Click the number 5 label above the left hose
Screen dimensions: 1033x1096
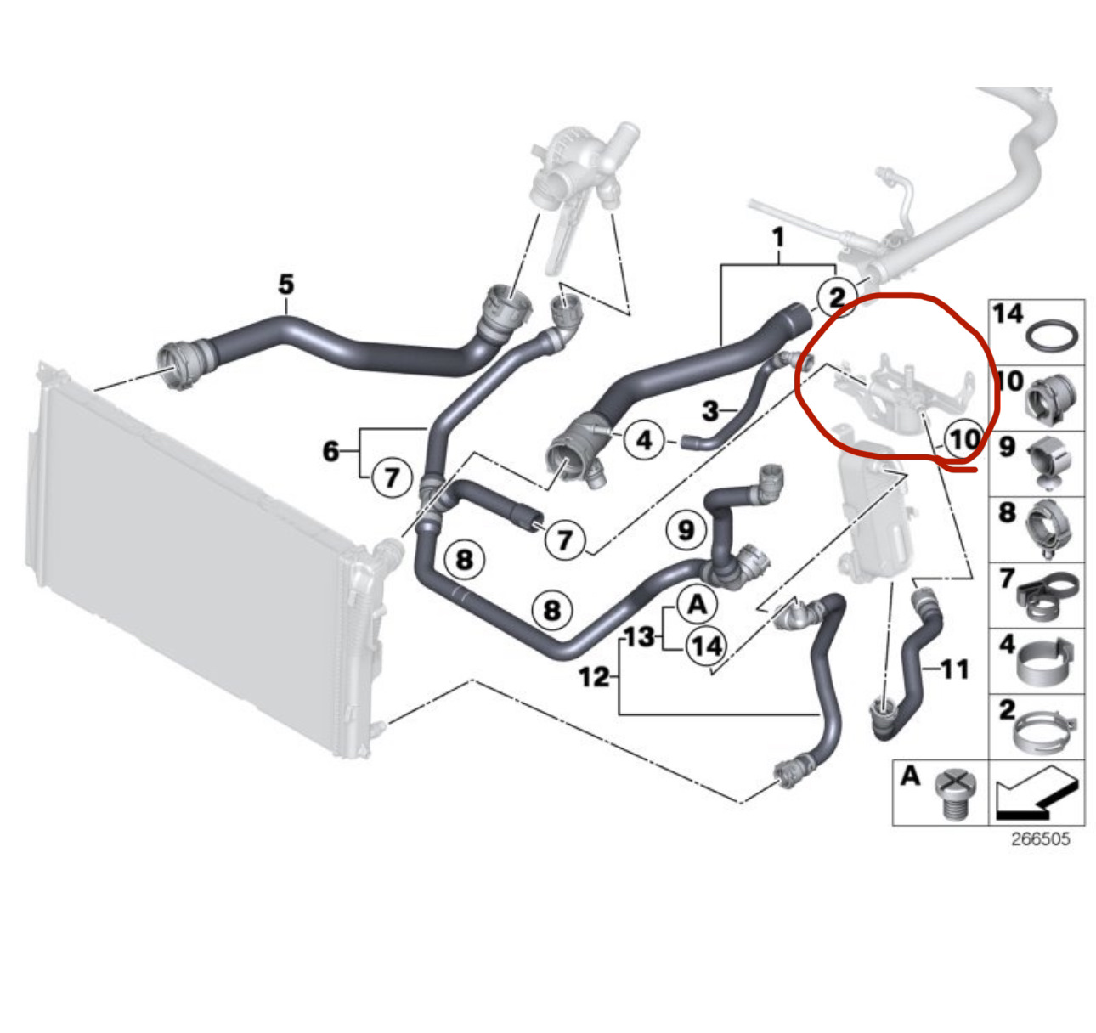[286, 284]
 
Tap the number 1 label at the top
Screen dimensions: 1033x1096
[777, 239]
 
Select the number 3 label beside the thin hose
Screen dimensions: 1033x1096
[711, 412]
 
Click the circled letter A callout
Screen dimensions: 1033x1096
[697, 605]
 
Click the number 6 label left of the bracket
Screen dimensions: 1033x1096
[330, 451]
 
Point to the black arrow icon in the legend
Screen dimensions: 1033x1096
[1036, 792]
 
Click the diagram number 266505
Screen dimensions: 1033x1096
[1040, 839]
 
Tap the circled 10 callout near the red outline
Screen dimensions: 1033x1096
[964, 439]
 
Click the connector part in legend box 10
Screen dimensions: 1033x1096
[1053, 398]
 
